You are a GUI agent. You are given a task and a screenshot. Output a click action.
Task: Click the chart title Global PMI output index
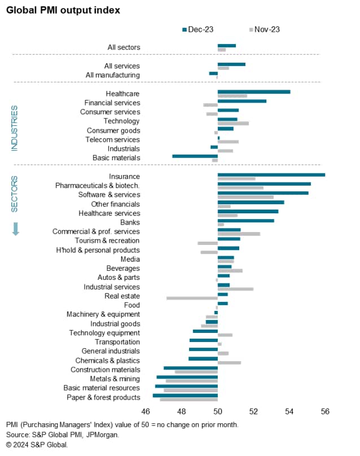(63, 10)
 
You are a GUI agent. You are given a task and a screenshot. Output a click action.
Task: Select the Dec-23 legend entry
(197, 29)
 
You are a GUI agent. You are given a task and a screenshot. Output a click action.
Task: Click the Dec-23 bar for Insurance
(271, 174)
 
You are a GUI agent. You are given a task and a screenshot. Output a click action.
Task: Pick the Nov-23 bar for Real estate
(192, 297)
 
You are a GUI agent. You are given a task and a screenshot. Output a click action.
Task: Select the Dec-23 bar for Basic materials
(195, 156)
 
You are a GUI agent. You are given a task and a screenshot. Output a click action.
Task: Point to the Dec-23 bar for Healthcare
(254, 91)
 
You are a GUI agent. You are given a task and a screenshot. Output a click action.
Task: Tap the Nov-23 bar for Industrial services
(235, 288)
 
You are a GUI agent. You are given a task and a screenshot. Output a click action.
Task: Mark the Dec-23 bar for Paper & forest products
(185, 395)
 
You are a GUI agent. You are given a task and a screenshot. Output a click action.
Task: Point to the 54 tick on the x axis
(289, 412)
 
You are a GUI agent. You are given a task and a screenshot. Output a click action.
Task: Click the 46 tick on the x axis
(146, 412)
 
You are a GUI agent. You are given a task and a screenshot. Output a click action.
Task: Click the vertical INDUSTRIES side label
(15, 128)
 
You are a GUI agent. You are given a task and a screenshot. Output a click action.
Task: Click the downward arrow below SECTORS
(15, 229)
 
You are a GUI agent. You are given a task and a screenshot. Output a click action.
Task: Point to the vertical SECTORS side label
(15, 194)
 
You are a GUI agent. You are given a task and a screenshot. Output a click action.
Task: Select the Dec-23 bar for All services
(231, 64)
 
